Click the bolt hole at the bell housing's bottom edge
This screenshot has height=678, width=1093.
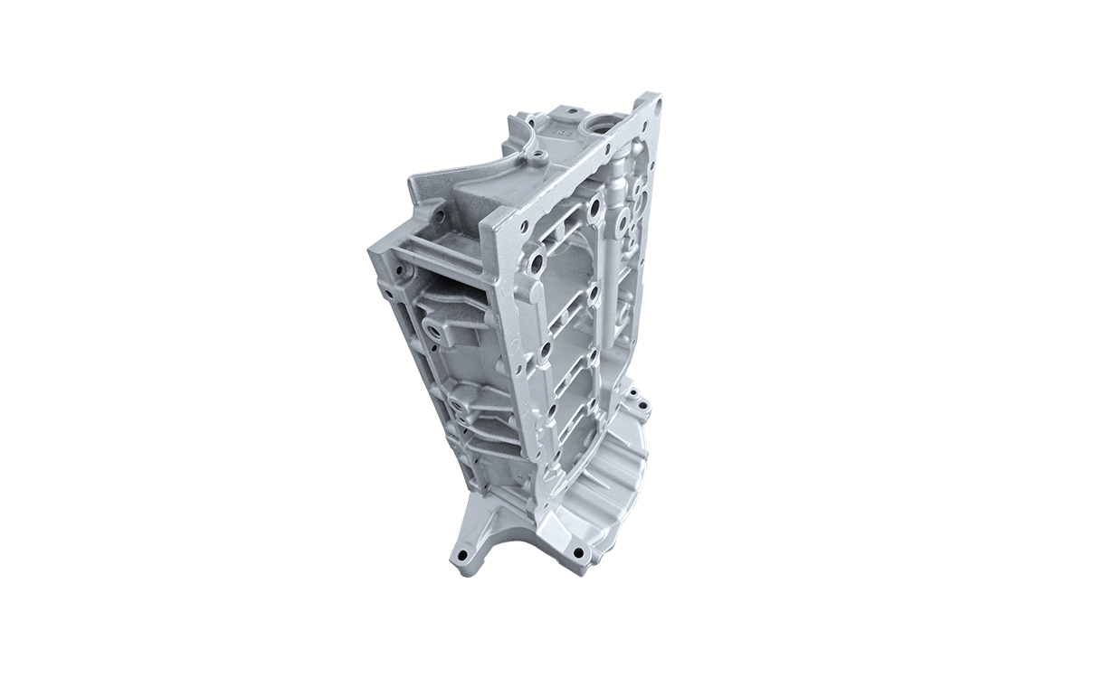point(577,552)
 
